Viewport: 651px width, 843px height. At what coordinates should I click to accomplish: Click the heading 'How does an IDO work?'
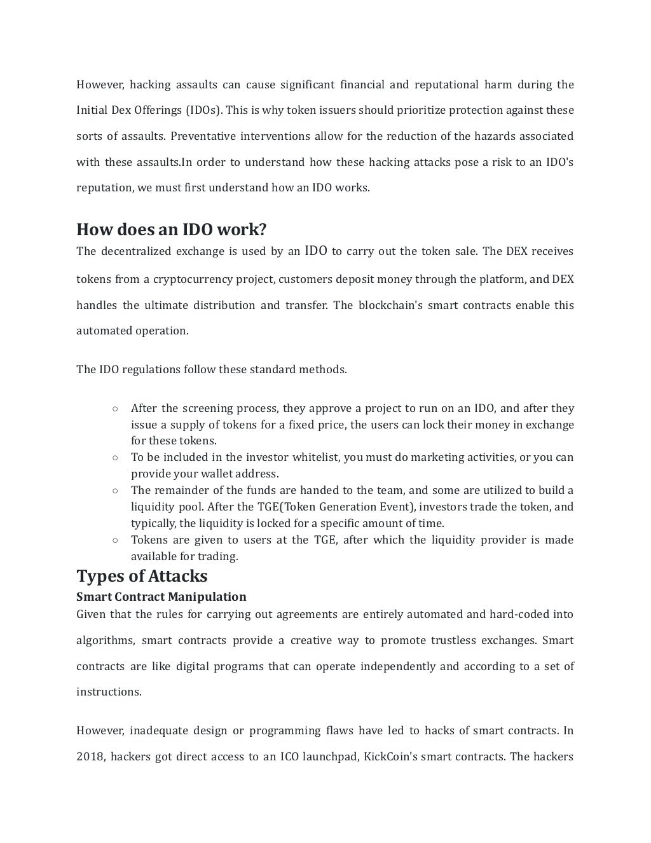pos(171,230)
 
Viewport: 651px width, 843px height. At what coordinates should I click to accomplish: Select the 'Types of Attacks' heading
pos(142,576)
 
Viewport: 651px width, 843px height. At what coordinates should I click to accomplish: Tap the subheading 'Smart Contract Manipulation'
pos(161,597)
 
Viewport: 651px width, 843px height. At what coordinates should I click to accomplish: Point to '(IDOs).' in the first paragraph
pos(204,111)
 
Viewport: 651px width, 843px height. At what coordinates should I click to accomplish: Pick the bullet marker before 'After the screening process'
pos(114,409)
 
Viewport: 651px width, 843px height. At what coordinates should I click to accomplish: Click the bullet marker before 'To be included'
pos(114,458)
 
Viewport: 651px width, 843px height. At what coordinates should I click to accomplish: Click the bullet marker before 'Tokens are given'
pos(114,540)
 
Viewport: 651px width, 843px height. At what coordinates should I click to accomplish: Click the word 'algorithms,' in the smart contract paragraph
pos(106,641)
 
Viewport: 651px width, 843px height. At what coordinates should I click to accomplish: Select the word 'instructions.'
pos(109,692)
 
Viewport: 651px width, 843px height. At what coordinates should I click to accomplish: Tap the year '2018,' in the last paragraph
pos(91,757)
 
